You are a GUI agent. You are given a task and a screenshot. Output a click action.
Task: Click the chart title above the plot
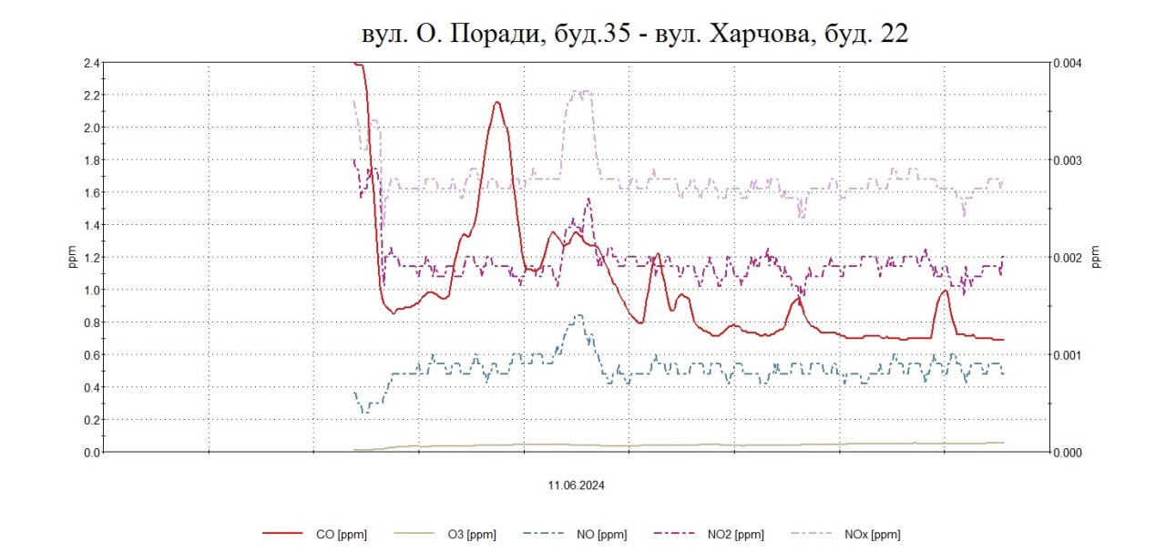click(x=635, y=34)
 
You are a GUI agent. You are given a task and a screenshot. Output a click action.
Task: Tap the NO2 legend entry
click(x=735, y=535)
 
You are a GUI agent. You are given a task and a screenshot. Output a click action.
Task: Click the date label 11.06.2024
click(x=577, y=486)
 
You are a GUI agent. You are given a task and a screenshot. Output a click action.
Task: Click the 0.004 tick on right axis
click(x=1067, y=64)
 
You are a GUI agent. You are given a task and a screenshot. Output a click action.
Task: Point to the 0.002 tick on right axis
click(x=1067, y=258)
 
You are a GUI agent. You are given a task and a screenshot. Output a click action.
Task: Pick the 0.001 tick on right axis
click(x=1067, y=355)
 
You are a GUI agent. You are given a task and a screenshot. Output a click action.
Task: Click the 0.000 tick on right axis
click(x=1067, y=453)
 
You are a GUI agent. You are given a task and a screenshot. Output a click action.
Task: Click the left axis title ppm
click(x=73, y=258)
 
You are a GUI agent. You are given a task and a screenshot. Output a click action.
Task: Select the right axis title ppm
click(x=1097, y=258)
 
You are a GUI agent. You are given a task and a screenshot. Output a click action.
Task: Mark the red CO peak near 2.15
click(x=497, y=102)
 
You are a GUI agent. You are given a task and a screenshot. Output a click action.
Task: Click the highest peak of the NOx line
click(x=581, y=91)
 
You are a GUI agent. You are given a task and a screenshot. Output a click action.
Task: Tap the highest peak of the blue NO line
click(x=578, y=315)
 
